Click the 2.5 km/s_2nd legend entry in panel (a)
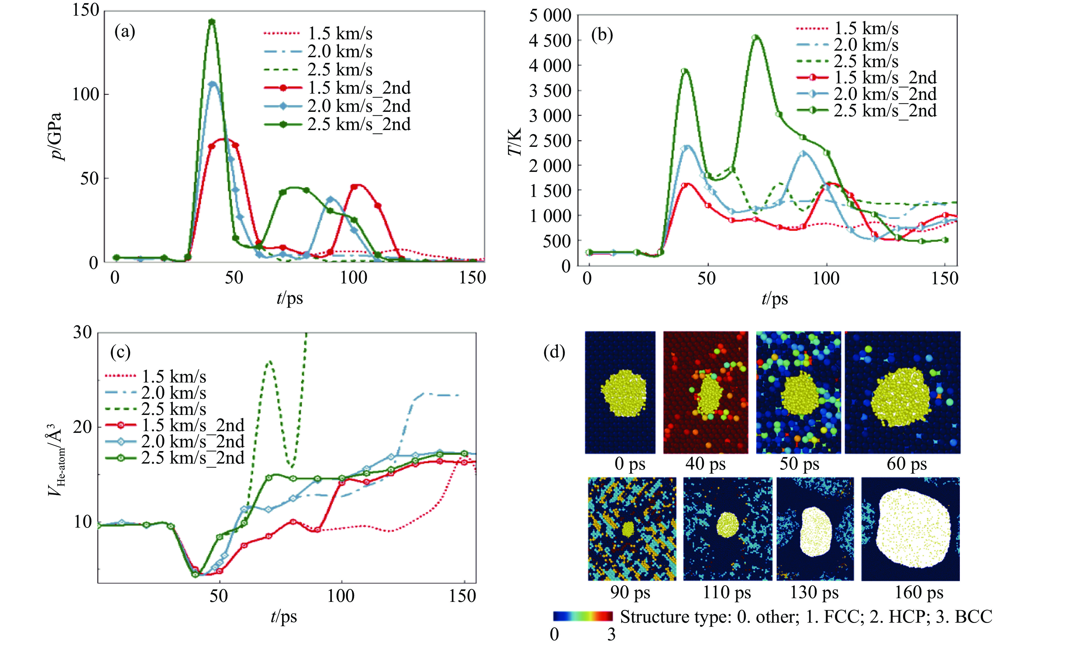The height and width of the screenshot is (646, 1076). pyautogui.click(x=338, y=124)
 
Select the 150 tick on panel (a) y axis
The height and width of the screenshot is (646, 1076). pyautogui.click(x=86, y=11)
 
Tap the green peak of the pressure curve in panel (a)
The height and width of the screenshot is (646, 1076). pyautogui.click(x=212, y=21)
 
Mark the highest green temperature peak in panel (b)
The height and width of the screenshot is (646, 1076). pyautogui.click(x=756, y=38)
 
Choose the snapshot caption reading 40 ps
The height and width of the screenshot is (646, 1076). pyautogui.click(x=705, y=464)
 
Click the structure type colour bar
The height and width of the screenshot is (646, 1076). pyautogui.click(x=583, y=616)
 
